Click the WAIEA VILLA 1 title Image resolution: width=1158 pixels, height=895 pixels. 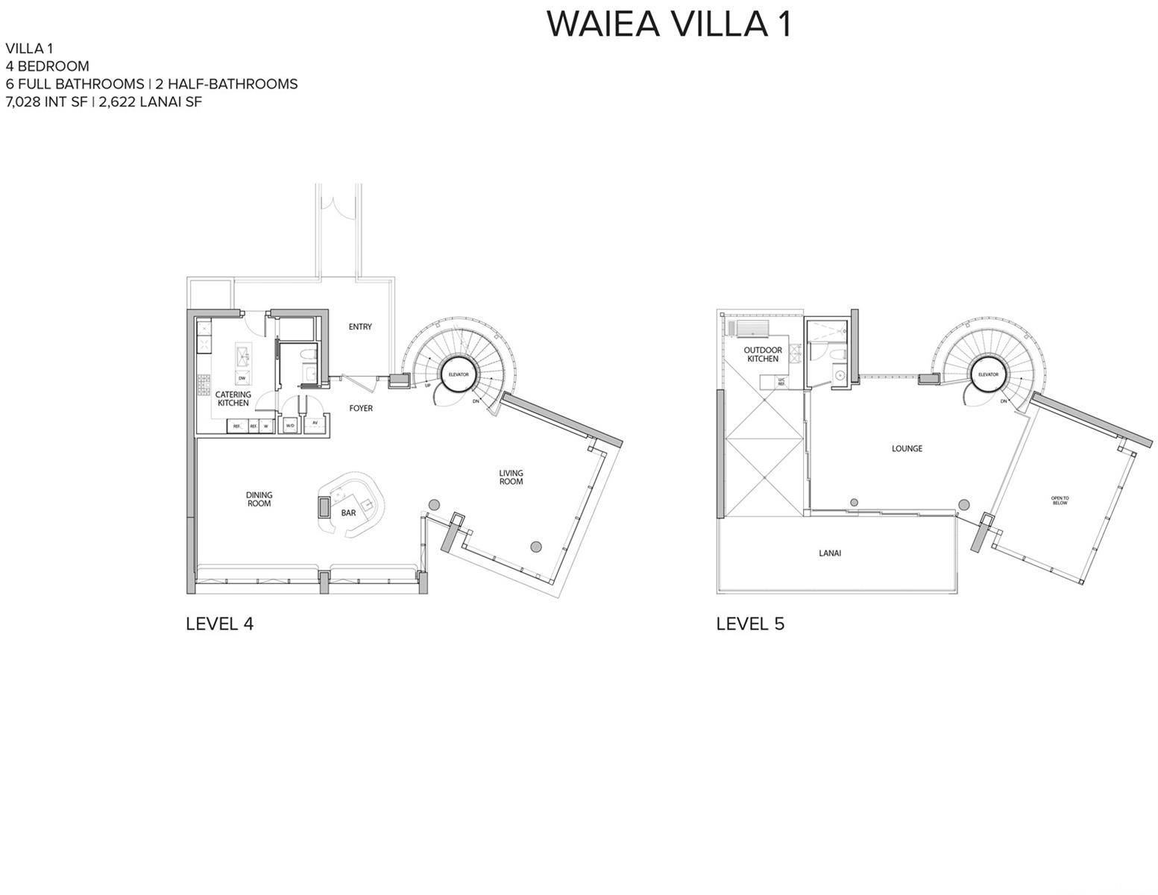coord(668,24)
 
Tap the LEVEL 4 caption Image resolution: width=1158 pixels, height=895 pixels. coord(219,624)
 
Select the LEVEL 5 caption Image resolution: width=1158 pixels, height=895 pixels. coord(750,624)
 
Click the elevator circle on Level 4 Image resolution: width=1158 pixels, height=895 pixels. coord(459,374)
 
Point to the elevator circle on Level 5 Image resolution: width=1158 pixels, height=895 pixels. coord(988,374)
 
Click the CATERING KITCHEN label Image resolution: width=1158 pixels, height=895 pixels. coord(233,399)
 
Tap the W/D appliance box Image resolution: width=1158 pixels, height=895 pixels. coord(290,425)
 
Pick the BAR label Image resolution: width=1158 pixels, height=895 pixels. coord(348,513)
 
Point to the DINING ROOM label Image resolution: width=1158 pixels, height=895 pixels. coord(259,499)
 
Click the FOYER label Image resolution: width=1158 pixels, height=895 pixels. coord(361,409)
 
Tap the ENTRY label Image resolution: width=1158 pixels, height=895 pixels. coord(360,327)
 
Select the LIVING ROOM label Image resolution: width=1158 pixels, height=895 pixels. coord(511,477)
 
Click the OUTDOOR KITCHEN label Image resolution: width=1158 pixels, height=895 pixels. coord(762,354)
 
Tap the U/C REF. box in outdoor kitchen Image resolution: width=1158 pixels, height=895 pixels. coord(781,382)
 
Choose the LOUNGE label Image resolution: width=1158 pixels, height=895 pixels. coord(907,449)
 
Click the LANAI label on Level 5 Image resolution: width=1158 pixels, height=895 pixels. coord(829,553)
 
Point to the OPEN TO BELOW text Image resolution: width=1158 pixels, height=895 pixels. coord(1060,500)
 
